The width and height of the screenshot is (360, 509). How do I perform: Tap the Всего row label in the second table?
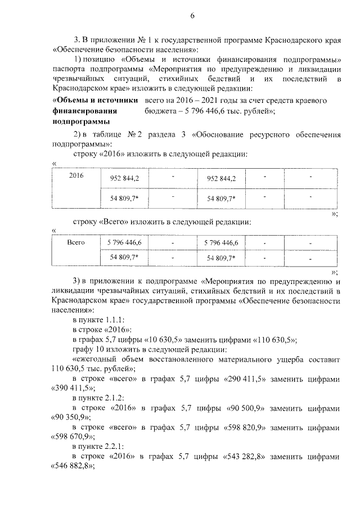click(x=76, y=242)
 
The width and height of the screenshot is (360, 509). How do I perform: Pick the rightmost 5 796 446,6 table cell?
click(x=222, y=243)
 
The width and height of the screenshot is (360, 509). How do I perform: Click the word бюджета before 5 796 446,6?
click(x=163, y=111)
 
